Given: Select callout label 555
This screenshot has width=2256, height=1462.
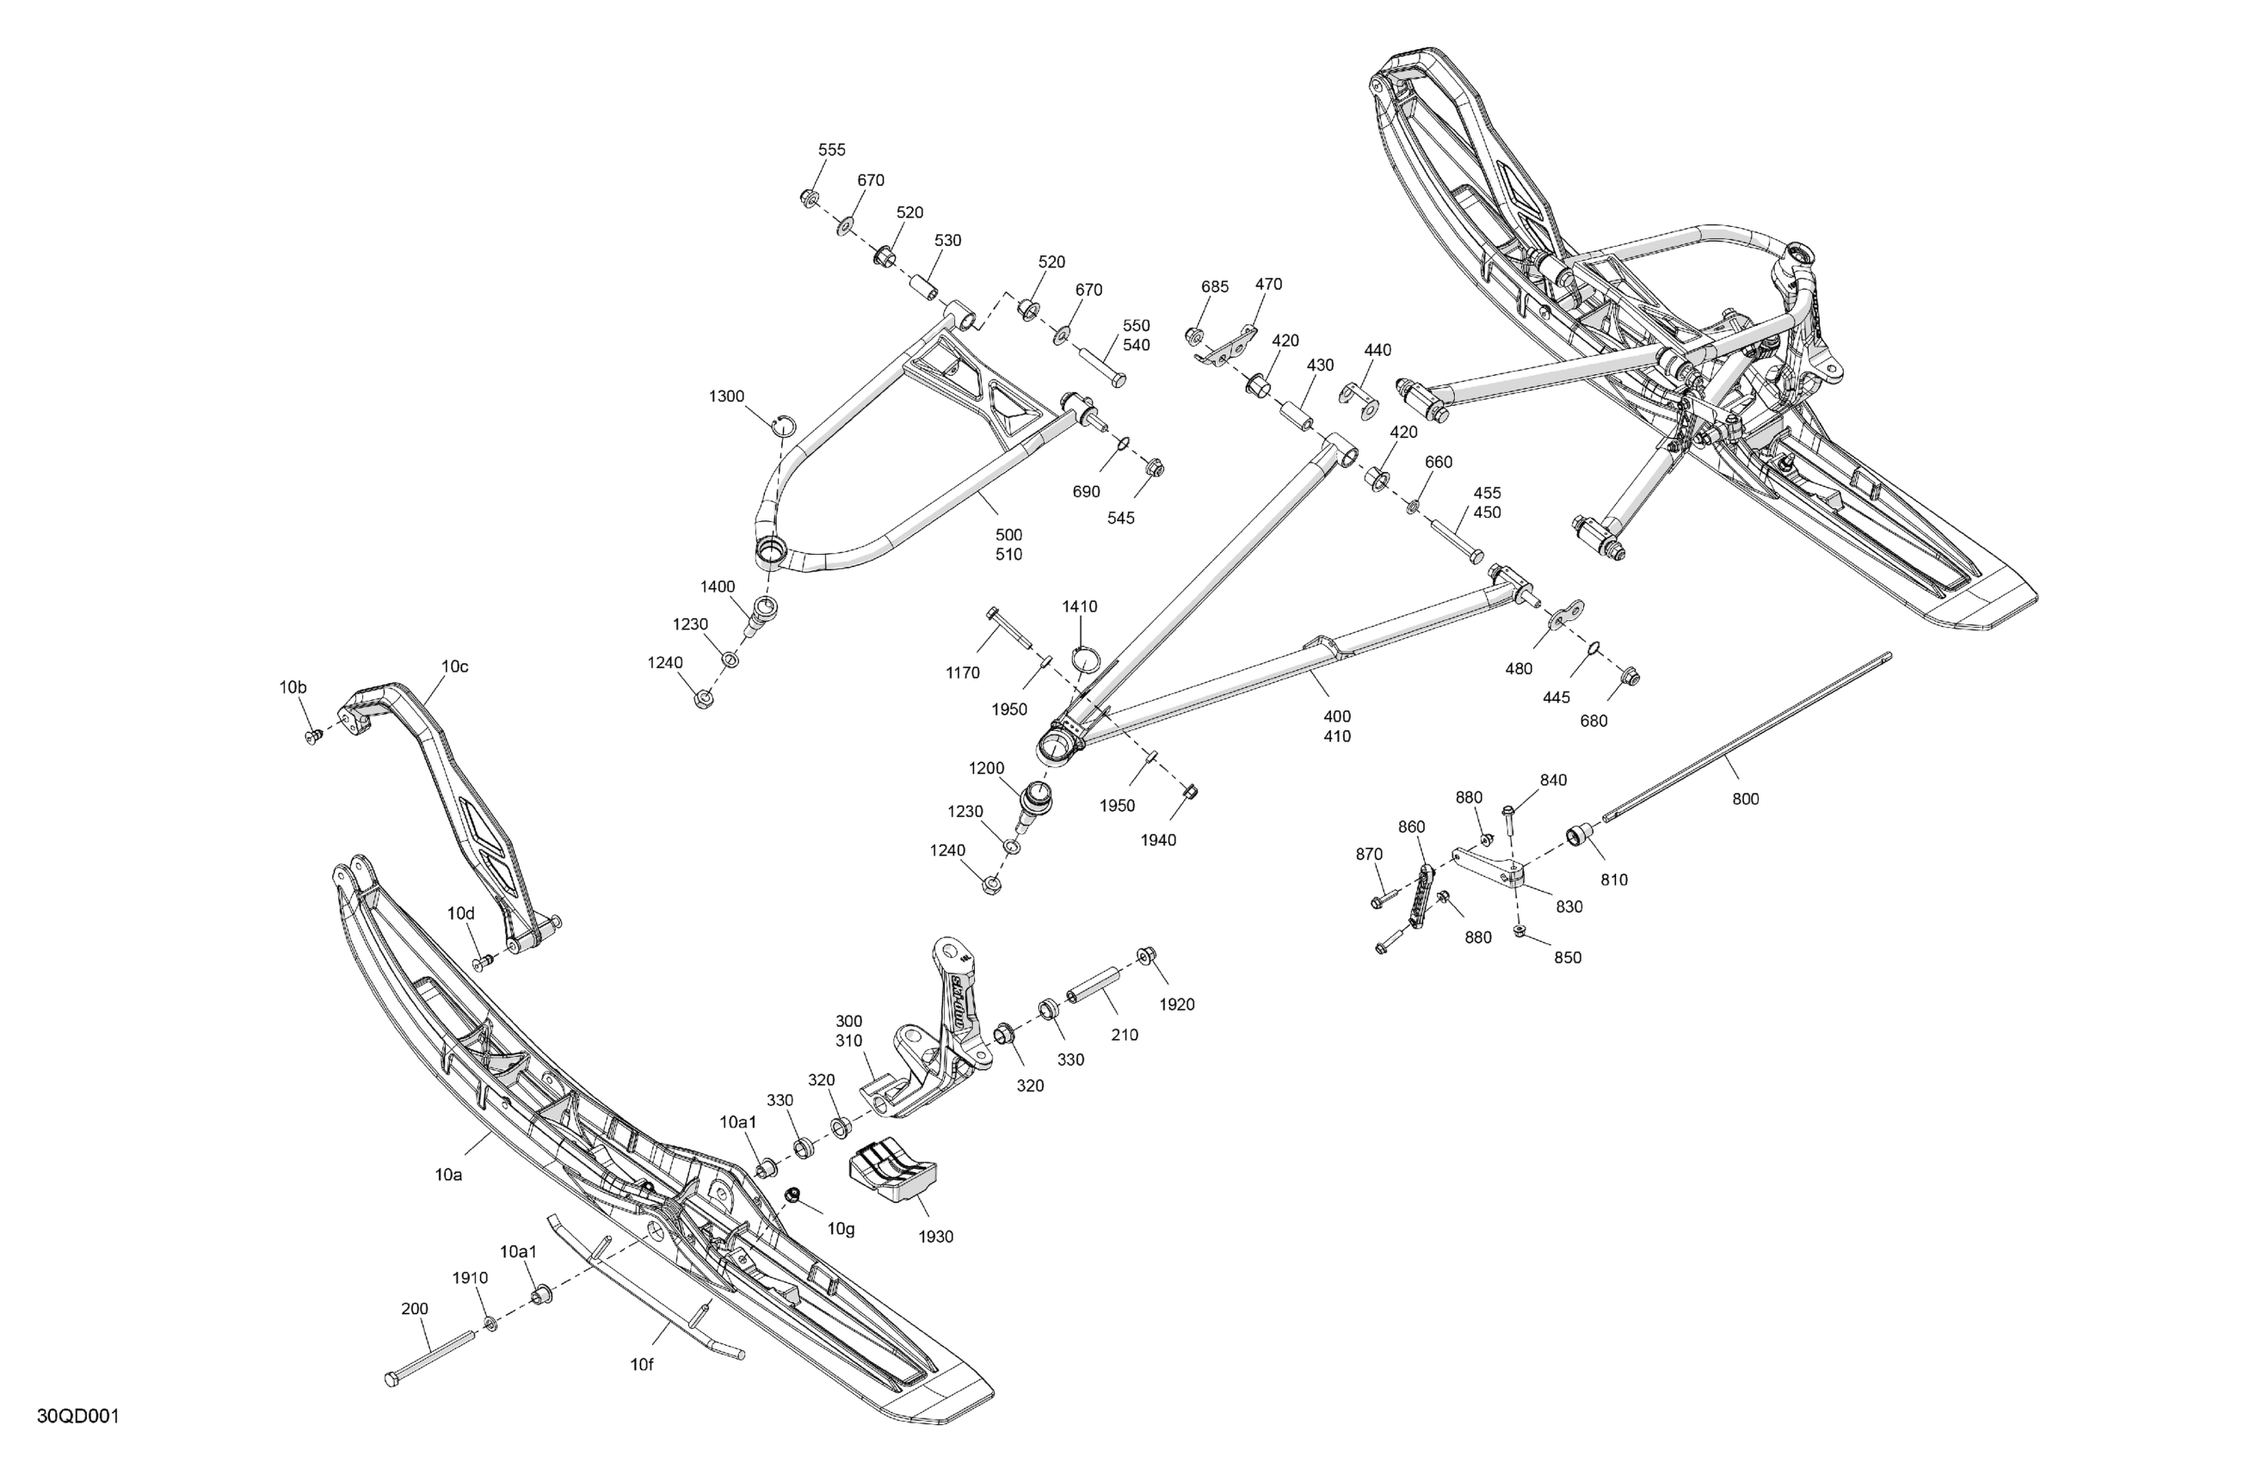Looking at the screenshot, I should (831, 150).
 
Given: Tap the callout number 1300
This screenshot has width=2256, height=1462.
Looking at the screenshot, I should (726, 396).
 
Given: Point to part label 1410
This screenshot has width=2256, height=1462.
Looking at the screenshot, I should (1079, 606).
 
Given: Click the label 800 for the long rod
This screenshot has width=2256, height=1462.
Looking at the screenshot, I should (1745, 799).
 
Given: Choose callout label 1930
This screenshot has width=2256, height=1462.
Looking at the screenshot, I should (935, 1237).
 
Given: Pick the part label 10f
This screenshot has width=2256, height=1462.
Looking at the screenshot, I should (642, 1365).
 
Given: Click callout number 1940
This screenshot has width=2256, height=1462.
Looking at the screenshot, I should (1157, 839).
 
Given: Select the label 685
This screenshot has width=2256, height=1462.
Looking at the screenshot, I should (1214, 286).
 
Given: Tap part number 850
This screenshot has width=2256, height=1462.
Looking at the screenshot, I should (1568, 957).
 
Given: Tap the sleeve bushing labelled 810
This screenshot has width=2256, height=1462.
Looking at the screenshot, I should (1578, 836).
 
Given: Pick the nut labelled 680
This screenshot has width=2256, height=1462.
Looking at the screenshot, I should (1630, 677).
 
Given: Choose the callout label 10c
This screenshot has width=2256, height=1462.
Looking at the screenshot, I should (454, 666).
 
